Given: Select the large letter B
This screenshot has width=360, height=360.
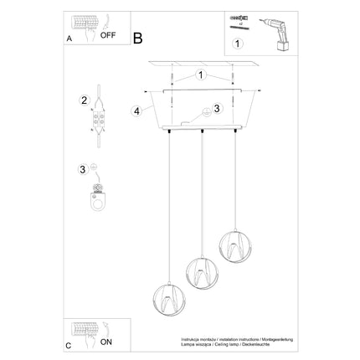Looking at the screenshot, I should tap(138, 37).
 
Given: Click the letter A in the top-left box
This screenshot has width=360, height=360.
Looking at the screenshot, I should tap(69, 39).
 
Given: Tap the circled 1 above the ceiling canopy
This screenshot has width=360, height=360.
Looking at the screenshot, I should tap(201, 75).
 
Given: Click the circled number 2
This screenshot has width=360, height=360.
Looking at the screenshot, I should tap(84, 101).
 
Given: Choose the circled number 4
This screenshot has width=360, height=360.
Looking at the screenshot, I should tap(136, 110).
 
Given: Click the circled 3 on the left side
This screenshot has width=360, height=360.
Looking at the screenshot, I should tap(83, 169).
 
